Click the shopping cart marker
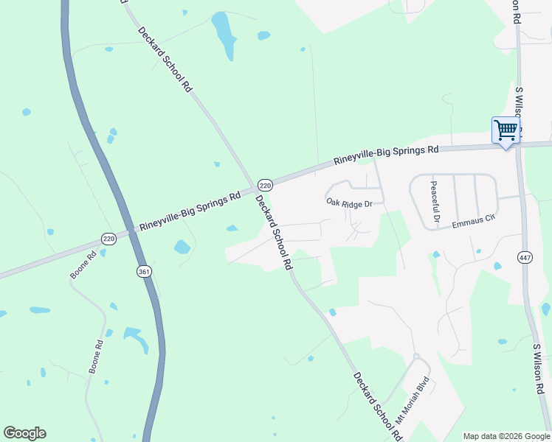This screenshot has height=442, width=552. tap(506, 131)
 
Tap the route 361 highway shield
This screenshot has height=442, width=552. tap(144, 272)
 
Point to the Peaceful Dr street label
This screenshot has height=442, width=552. tap(435, 203)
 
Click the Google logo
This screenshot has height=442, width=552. tap(24, 433)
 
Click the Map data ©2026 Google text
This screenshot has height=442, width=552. tap(506, 436)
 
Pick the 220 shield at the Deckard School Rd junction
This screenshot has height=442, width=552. tap(266, 184)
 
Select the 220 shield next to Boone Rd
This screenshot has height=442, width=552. tap(109, 239)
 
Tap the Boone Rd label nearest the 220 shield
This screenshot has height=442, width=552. tap(83, 266)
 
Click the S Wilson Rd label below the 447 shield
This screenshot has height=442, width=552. tap(542, 369)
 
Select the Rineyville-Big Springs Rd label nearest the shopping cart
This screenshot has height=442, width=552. tap(386, 155)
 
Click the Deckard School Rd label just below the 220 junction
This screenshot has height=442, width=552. tap(275, 231)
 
